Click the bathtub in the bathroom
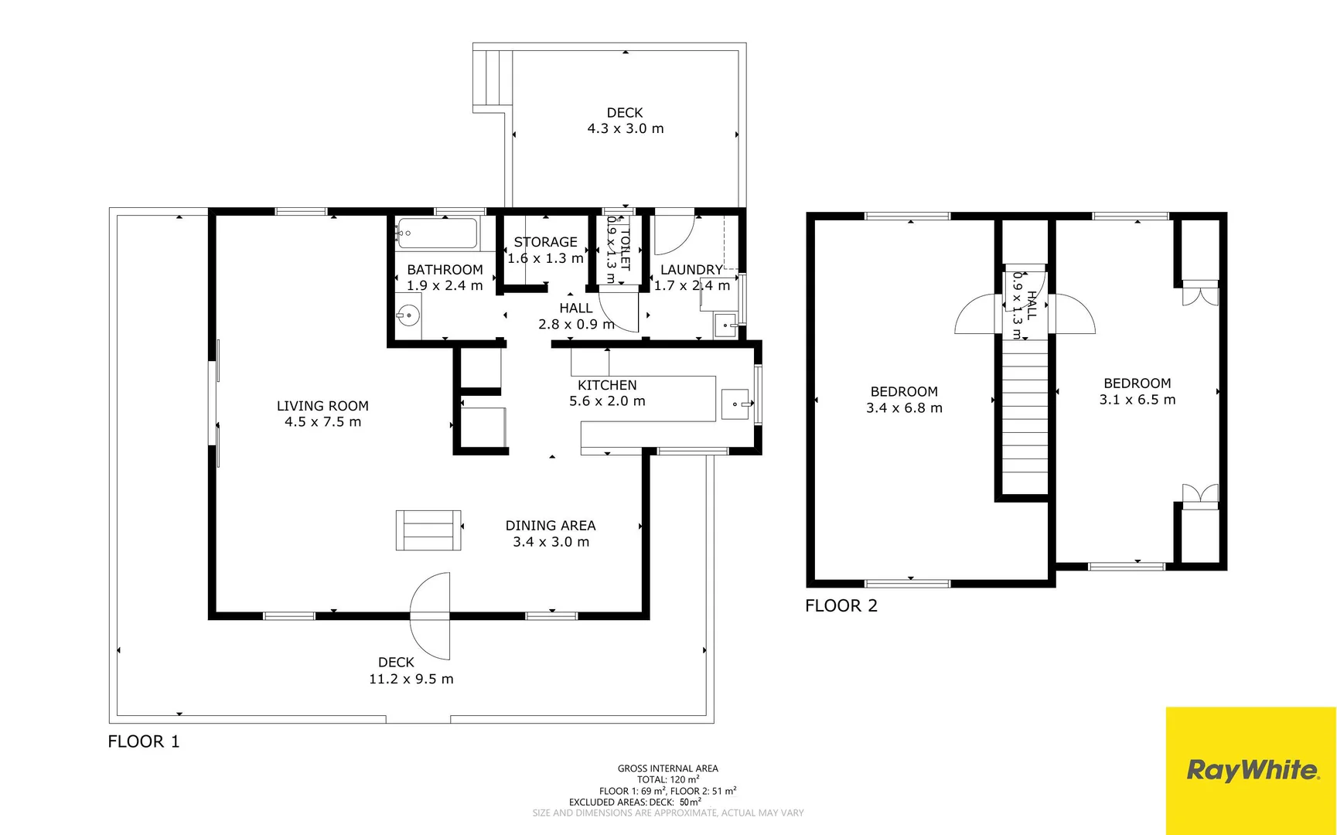tap(437, 233)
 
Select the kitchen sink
tap(735, 404)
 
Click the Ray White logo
tap(1251, 770)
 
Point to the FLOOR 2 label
tap(841, 605)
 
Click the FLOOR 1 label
tap(144, 741)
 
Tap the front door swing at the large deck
tap(431, 616)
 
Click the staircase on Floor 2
tap(1025, 417)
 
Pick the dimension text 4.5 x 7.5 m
tap(322, 422)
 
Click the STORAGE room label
tap(545, 242)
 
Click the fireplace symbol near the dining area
tap(428, 530)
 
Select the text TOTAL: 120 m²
tap(667, 779)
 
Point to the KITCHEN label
tap(607, 385)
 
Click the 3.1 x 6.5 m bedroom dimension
tap(1137, 400)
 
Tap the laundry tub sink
tap(725, 325)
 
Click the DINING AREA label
tap(550, 526)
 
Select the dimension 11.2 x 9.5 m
tap(411, 679)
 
